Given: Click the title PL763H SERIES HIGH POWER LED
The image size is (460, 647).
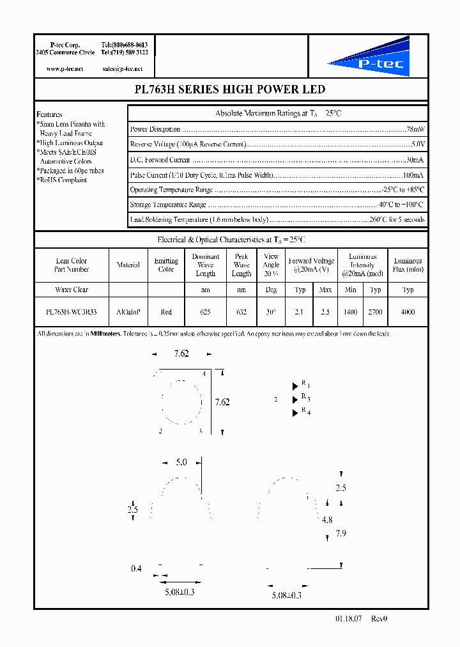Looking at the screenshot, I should tap(230, 90).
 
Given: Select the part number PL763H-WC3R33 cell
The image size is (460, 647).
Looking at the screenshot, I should tap(72, 312).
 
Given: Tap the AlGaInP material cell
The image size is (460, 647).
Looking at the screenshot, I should tap(128, 312).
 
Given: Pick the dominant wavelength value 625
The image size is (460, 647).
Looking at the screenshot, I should tap(205, 312).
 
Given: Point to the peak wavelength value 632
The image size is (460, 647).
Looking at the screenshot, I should tap(241, 312).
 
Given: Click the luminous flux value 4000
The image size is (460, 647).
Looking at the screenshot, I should tap(408, 312).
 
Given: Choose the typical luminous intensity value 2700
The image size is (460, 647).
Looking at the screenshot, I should tap(376, 312).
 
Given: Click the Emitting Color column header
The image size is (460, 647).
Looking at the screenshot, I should tap(166, 265).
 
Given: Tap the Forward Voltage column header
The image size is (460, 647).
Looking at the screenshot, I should tap(311, 265).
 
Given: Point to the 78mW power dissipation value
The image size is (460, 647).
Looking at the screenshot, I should tap(415, 129).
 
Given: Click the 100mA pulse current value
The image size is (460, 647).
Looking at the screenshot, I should tap(412, 175).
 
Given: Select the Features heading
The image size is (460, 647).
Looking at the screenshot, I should tap(49, 114).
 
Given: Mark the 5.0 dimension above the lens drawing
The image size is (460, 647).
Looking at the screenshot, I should tap(181, 462).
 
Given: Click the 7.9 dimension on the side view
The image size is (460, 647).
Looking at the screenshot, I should tap(341, 533).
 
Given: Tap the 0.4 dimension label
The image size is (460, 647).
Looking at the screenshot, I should tap(136, 568).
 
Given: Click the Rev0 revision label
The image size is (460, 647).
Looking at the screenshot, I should tap(379, 619).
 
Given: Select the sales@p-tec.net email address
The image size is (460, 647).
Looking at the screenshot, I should tap(122, 68).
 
